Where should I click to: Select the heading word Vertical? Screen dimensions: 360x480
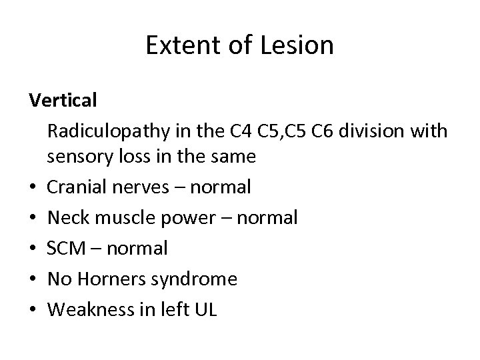click(x=63, y=101)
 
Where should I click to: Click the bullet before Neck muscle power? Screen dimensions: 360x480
click(x=33, y=218)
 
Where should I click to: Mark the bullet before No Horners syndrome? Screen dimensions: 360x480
click(x=33, y=279)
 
